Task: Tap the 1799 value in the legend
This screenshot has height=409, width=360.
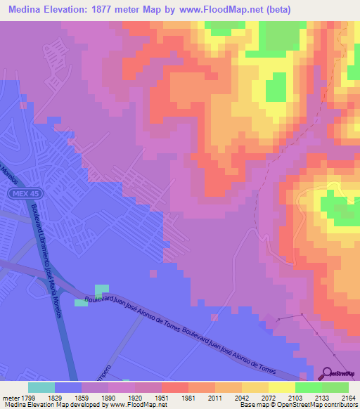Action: click(x=27, y=397)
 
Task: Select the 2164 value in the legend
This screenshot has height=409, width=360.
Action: click(x=348, y=397)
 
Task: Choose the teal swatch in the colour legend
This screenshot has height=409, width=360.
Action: click(x=41, y=387)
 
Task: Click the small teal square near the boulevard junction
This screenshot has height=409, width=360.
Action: click(x=103, y=290)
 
